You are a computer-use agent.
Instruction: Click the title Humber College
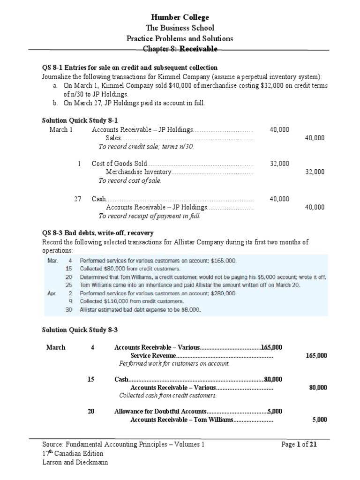180,17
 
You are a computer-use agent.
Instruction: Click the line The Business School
180,28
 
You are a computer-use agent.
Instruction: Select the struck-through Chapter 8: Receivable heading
180,49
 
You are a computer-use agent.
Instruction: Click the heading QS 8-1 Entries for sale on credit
130,68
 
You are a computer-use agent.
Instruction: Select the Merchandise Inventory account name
139,172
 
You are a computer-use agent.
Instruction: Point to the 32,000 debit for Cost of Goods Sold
279,164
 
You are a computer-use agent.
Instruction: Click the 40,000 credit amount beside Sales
315,138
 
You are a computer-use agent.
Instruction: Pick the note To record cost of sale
130,181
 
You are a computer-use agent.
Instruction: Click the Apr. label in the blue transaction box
52,293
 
